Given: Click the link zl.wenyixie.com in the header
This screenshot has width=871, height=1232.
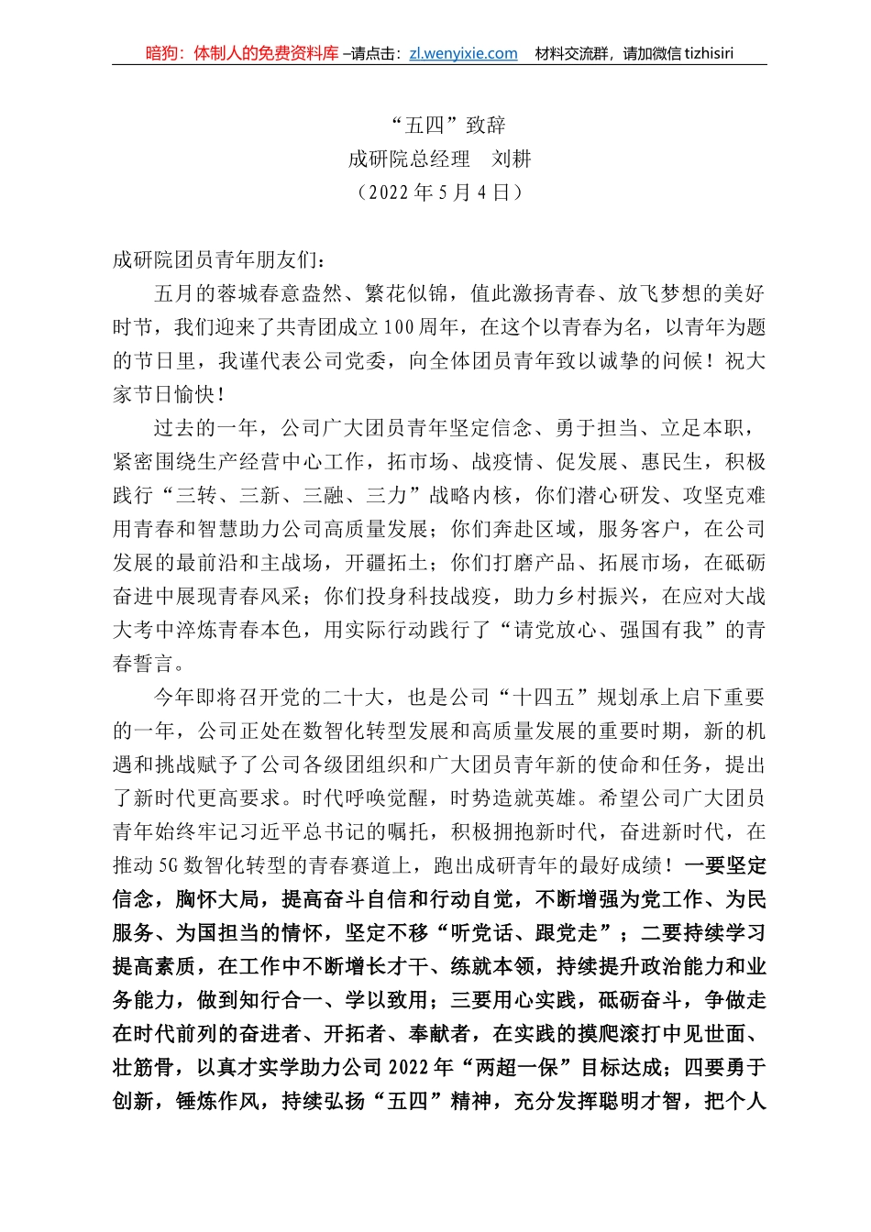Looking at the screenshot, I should click(463, 53).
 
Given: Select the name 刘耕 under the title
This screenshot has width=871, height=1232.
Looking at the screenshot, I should click(511, 159).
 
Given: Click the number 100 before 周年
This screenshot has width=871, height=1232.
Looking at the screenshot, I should click(399, 327).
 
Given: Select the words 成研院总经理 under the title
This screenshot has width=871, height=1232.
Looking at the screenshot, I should click(409, 159).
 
